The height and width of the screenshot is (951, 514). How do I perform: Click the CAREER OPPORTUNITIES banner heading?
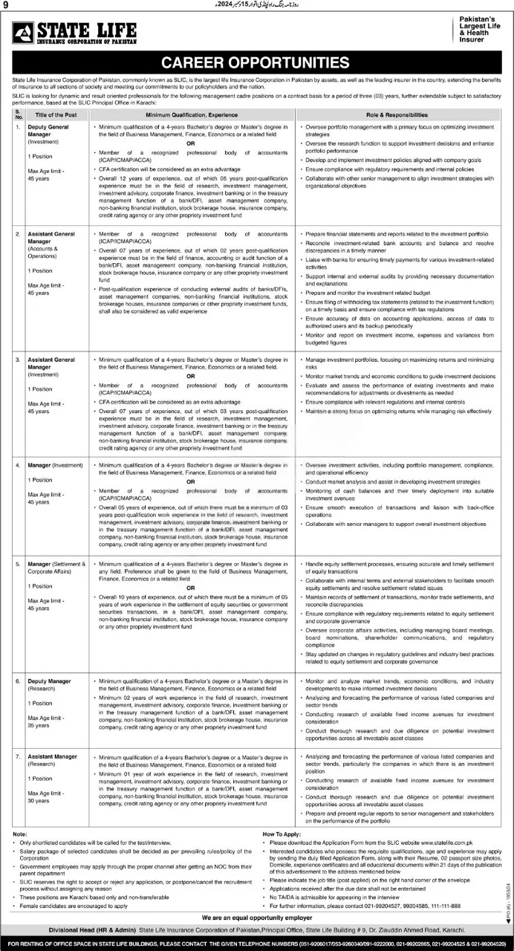click(x=256, y=62)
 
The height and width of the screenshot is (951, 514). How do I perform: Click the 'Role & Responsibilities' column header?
click(x=402, y=115)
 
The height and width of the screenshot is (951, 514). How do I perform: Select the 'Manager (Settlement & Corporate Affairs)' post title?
click(x=56, y=568)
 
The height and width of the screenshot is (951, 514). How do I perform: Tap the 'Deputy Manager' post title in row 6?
click(x=49, y=680)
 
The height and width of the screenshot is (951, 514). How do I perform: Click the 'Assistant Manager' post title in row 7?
click(x=52, y=756)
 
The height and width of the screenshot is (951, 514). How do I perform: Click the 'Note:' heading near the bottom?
click(x=19, y=834)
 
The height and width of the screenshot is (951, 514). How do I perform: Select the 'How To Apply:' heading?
click(x=283, y=834)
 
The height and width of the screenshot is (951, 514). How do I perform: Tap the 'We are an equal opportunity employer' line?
click(x=256, y=918)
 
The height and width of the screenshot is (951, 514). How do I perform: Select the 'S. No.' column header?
click(x=17, y=115)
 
